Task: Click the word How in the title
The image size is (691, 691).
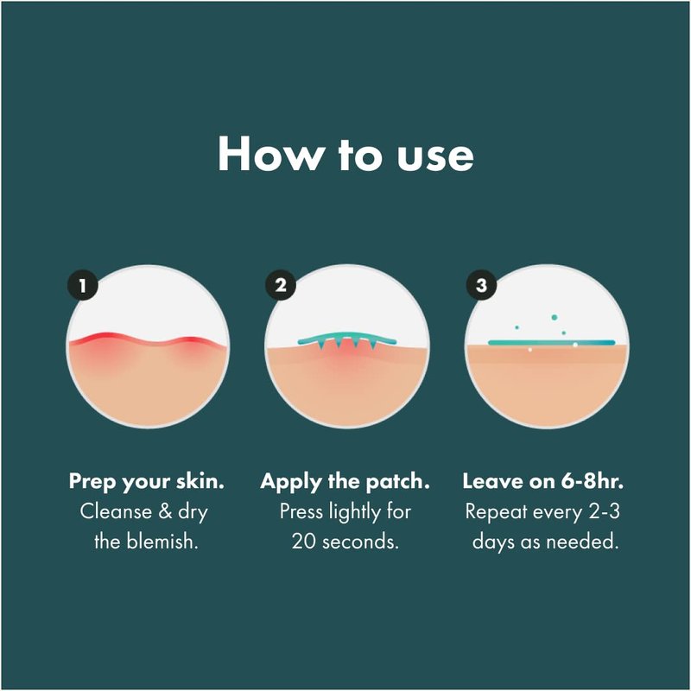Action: coord(269,154)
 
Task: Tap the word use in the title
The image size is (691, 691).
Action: coord(435,157)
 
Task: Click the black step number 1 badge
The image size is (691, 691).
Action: coord(82,286)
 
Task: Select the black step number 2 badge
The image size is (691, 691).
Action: coord(280,286)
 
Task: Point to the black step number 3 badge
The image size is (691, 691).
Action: coord(481,286)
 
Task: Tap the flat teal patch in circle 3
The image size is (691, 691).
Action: coord(551,342)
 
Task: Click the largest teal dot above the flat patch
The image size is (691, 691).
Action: coord(554,317)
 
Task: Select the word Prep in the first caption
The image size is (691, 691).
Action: coord(92,482)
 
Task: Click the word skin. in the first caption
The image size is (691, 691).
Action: coord(200,481)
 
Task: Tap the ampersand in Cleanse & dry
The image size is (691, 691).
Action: coord(165,511)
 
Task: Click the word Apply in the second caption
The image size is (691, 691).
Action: coord(292,482)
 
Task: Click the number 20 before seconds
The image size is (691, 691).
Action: coord(304,542)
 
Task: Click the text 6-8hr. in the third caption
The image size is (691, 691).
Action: coord(593,481)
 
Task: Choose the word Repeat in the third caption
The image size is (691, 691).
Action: coord(496,512)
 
